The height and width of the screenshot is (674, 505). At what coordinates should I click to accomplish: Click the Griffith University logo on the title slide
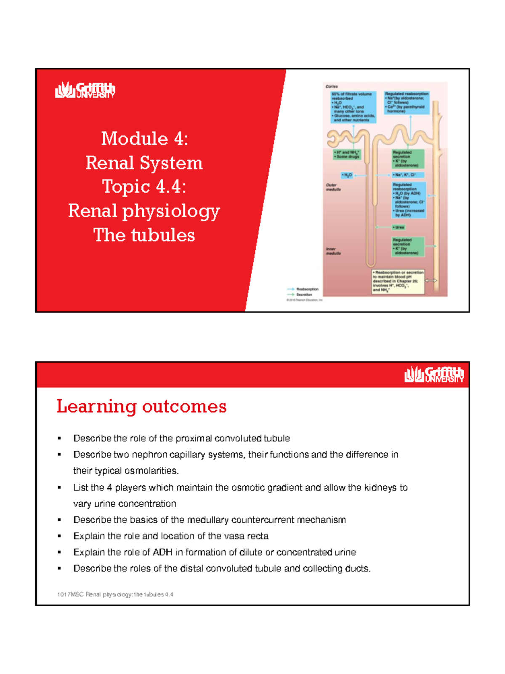tap(85, 90)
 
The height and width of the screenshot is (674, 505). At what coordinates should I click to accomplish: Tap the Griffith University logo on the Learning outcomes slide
tap(434, 374)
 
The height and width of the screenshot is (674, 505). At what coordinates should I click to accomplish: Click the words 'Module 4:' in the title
tap(144, 139)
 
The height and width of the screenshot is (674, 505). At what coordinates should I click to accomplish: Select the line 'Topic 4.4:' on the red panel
tap(144, 187)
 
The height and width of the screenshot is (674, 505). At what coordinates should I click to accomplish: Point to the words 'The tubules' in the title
tap(144, 235)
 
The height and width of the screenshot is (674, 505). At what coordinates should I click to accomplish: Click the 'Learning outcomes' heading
tap(141, 407)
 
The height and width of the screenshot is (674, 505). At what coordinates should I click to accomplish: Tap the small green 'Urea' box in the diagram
tap(399, 227)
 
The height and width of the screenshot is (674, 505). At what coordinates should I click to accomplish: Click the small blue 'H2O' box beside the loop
tap(347, 175)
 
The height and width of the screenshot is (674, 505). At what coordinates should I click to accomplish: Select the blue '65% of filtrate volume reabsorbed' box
tap(353, 107)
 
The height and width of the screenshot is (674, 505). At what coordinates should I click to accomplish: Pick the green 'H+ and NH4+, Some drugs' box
tap(347, 155)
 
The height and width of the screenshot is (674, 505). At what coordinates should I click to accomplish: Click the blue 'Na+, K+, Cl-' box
tap(407, 175)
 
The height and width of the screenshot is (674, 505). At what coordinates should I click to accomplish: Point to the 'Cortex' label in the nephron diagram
tap(332, 86)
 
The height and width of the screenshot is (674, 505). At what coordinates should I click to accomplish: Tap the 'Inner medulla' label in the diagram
tap(333, 251)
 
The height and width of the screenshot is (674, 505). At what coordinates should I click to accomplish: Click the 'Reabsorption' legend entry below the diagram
tap(307, 289)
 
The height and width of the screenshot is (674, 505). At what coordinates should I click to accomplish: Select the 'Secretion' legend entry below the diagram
tap(304, 294)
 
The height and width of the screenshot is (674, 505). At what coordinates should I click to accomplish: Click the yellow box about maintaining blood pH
tap(398, 281)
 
